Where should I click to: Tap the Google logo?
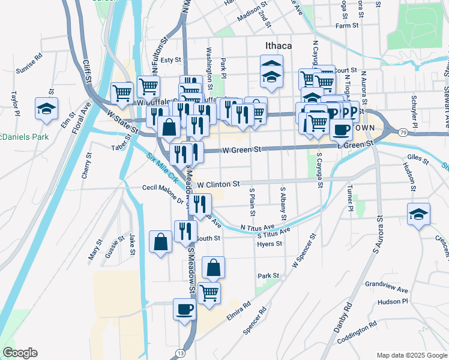click(x=20, y=353)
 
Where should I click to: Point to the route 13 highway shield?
click(x=181, y=353)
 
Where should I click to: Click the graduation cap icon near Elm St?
click(x=46, y=108)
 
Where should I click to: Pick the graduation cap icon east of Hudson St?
click(x=418, y=214)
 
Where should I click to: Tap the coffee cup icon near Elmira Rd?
click(x=184, y=309)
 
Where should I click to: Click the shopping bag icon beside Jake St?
click(x=160, y=242)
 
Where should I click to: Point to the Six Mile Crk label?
click(x=163, y=168)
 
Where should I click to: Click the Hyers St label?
click(x=270, y=244)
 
